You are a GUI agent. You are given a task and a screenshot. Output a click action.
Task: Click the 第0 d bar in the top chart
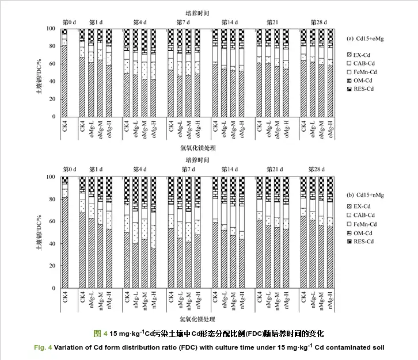pos(64,73)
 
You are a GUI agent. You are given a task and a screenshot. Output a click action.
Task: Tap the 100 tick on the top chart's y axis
pos(50,29)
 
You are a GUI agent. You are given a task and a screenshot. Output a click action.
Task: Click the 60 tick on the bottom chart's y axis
pos(51,221)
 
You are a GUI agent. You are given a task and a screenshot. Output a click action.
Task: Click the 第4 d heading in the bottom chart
pos(138,170)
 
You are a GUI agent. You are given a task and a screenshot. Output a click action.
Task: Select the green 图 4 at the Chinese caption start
pos(100,334)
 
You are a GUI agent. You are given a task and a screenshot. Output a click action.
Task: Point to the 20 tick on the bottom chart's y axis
pos(51,266)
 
